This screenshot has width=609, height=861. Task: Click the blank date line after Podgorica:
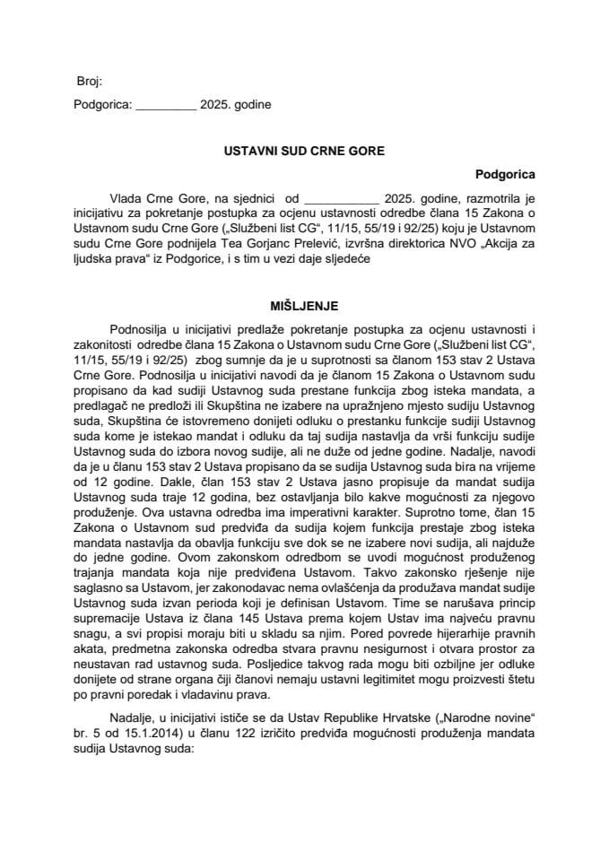tap(165, 105)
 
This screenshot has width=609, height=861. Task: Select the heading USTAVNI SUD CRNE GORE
tap(304, 152)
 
